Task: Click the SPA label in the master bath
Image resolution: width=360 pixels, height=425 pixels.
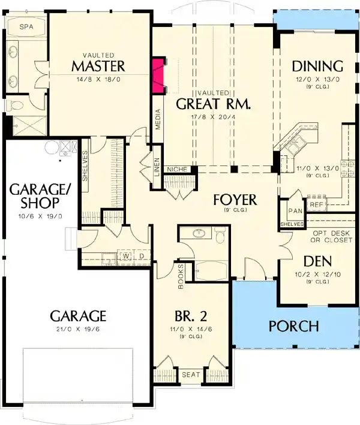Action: coord(26,27)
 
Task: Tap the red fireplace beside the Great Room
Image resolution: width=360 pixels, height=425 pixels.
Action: coord(158,75)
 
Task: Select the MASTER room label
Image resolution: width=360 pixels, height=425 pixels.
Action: coord(98,65)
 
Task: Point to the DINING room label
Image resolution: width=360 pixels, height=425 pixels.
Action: coord(317,66)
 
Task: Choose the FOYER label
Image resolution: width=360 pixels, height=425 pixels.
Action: coord(235,200)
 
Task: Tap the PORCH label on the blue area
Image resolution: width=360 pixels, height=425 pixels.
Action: coord(293,326)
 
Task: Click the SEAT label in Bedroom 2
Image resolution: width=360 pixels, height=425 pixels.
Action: coord(190,375)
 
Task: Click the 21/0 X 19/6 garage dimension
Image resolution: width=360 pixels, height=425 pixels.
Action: coord(78,329)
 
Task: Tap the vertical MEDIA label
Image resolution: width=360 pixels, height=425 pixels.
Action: coord(158,122)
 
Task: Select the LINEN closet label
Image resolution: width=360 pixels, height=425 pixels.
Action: coord(157,165)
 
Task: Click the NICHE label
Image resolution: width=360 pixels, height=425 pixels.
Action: coord(178,170)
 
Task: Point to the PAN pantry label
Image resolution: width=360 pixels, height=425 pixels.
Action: coord(295,210)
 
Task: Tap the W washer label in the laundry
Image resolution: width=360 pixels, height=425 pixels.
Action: coord(127,255)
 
